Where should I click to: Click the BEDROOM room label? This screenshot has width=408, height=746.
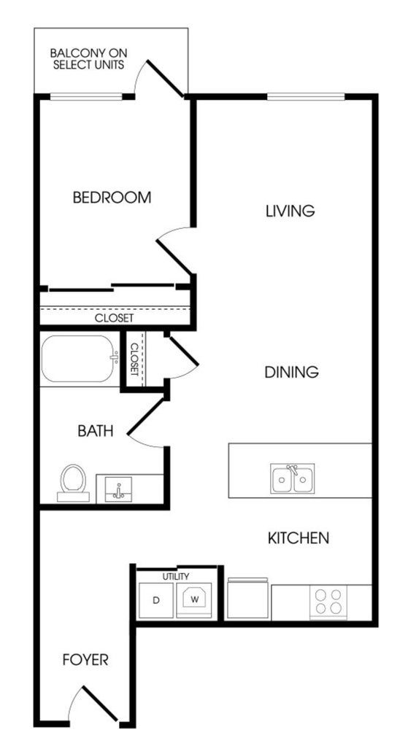tap(112, 197)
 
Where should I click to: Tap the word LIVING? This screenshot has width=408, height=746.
tap(290, 211)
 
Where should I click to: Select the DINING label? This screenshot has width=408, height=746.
tap(291, 372)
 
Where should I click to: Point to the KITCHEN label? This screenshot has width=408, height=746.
tap(299, 538)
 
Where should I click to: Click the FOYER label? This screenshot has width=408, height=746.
tap(85, 660)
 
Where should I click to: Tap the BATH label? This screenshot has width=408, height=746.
tap(96, 431)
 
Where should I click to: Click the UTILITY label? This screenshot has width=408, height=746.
tap(176, 577)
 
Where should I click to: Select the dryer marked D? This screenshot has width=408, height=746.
tap(155, 600)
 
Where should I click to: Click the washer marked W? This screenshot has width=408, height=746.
tap(193, 600)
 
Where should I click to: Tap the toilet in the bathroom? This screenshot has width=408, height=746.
tap(73, 482)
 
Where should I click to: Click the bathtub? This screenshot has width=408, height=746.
tap(78, 359)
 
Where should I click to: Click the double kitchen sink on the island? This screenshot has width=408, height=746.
tap(292, 478)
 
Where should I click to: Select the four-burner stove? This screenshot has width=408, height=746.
tap(328, 602)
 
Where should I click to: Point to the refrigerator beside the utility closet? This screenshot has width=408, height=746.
tap(247, 599)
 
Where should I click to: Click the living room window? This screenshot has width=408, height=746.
tap(306, 96)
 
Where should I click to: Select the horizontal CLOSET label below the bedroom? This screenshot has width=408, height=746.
tap(115, 318)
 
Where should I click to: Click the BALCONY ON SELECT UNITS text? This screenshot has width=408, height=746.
tap(88, 58)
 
